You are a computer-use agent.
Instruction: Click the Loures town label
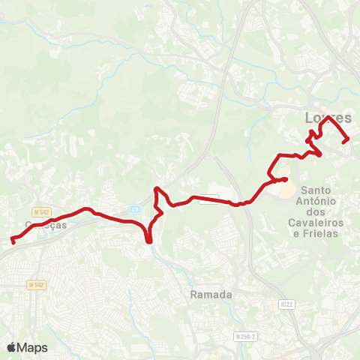click(328, 118)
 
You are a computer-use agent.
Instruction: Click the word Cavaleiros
click(313, 223)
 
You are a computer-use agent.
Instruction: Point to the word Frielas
click(322, 233)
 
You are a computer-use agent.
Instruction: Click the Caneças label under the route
click(45, 224)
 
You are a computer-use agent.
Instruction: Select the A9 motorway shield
click(134, 209)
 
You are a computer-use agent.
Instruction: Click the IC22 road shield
click(285, 304)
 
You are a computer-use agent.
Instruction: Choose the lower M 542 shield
click(36, 285)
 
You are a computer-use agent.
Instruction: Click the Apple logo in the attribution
click(12, 347)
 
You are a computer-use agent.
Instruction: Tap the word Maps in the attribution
click(33, 347)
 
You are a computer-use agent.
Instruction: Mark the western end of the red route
click(13, 241)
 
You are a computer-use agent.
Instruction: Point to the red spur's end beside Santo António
click(286, 178)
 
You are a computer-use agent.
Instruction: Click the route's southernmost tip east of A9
click(149, 241)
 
